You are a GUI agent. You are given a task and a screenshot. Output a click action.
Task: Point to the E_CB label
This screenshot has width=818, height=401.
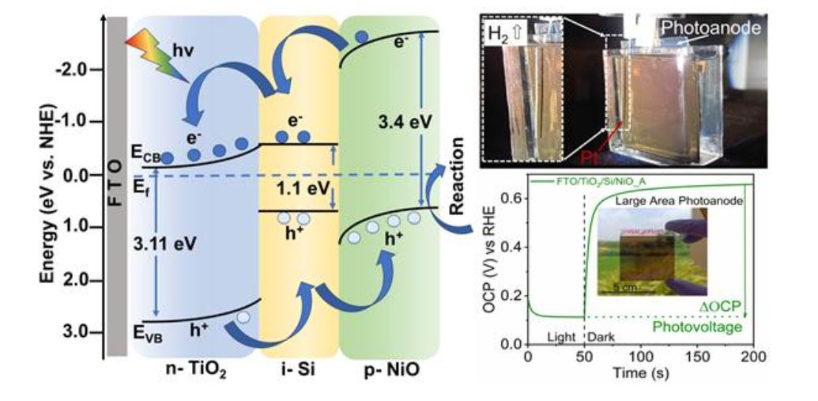[x=149, y=156]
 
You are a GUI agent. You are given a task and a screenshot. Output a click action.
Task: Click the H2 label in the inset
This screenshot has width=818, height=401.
[x=503, y=36]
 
